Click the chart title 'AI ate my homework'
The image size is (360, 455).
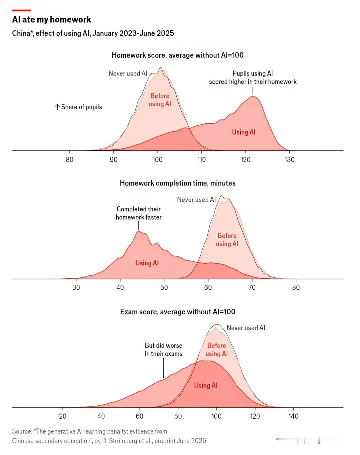click(x=52, y=19)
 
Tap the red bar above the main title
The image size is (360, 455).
click(x=22, y=10)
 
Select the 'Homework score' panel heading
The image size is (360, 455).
click(x=177, y=55)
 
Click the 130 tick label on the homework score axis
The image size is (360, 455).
click(x=289, y=160)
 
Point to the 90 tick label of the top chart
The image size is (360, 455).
click(x=113, y=160)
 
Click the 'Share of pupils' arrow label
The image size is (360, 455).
click(x=78, y=107)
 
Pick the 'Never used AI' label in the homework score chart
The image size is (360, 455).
click(x=128, y=73)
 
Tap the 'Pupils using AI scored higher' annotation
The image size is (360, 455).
click(x=253, y=78)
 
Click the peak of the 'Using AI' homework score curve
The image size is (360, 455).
click(x=253, y=96)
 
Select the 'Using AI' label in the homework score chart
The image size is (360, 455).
click(x=244, y=132)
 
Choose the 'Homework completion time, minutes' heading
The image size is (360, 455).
click(x=178, y=183)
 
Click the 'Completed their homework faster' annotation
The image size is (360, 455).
click(x=139, y=213)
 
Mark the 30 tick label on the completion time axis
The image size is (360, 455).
click(x=76, y=287)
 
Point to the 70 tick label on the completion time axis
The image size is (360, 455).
click(x=252, y=287)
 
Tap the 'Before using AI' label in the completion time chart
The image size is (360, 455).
click(x=227, y=240)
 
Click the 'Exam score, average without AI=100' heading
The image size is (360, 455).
click(x=178, y=312)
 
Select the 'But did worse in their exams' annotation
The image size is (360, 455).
click(x=164, y=350)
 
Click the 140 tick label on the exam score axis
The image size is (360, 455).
click(x=293, y=416)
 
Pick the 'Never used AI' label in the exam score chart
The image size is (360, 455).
click(x=246, y=328)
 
